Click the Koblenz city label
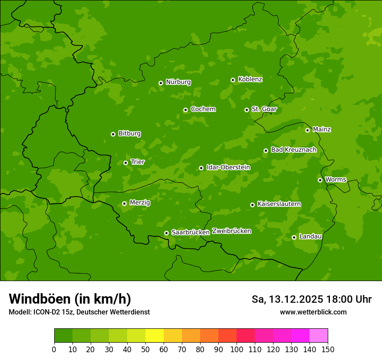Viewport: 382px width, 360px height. tap(250, 79)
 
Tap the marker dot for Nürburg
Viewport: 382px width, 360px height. tap(161, 83)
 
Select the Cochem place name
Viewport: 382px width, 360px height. tap(203, 109)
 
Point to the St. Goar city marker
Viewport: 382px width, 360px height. tap(247, 110)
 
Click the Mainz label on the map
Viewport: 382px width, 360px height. tap(322, 130)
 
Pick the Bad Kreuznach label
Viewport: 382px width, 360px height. tap(293, 150)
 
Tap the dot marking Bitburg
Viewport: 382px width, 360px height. tap(113, 134)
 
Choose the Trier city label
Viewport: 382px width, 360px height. tap(138, 162)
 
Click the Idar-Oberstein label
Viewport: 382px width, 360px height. tap(228, 167)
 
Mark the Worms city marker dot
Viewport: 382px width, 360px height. tap(320, 180)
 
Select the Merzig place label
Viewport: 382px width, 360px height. tap(140, 203)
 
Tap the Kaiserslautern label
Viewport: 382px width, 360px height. tap(279, 204)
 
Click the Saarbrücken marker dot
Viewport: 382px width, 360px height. tap(166, 233)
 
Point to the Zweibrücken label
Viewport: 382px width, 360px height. tap(231, 231)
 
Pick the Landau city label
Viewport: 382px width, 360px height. tap(310, 237)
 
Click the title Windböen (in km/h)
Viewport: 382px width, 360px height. tap(70, 299)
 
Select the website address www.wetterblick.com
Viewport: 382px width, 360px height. tap(313, 312)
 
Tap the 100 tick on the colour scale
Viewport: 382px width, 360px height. tap(237, 349)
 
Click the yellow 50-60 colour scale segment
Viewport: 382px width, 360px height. tap(155, 335)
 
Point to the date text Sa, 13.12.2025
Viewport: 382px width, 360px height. tap(287, 299)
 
